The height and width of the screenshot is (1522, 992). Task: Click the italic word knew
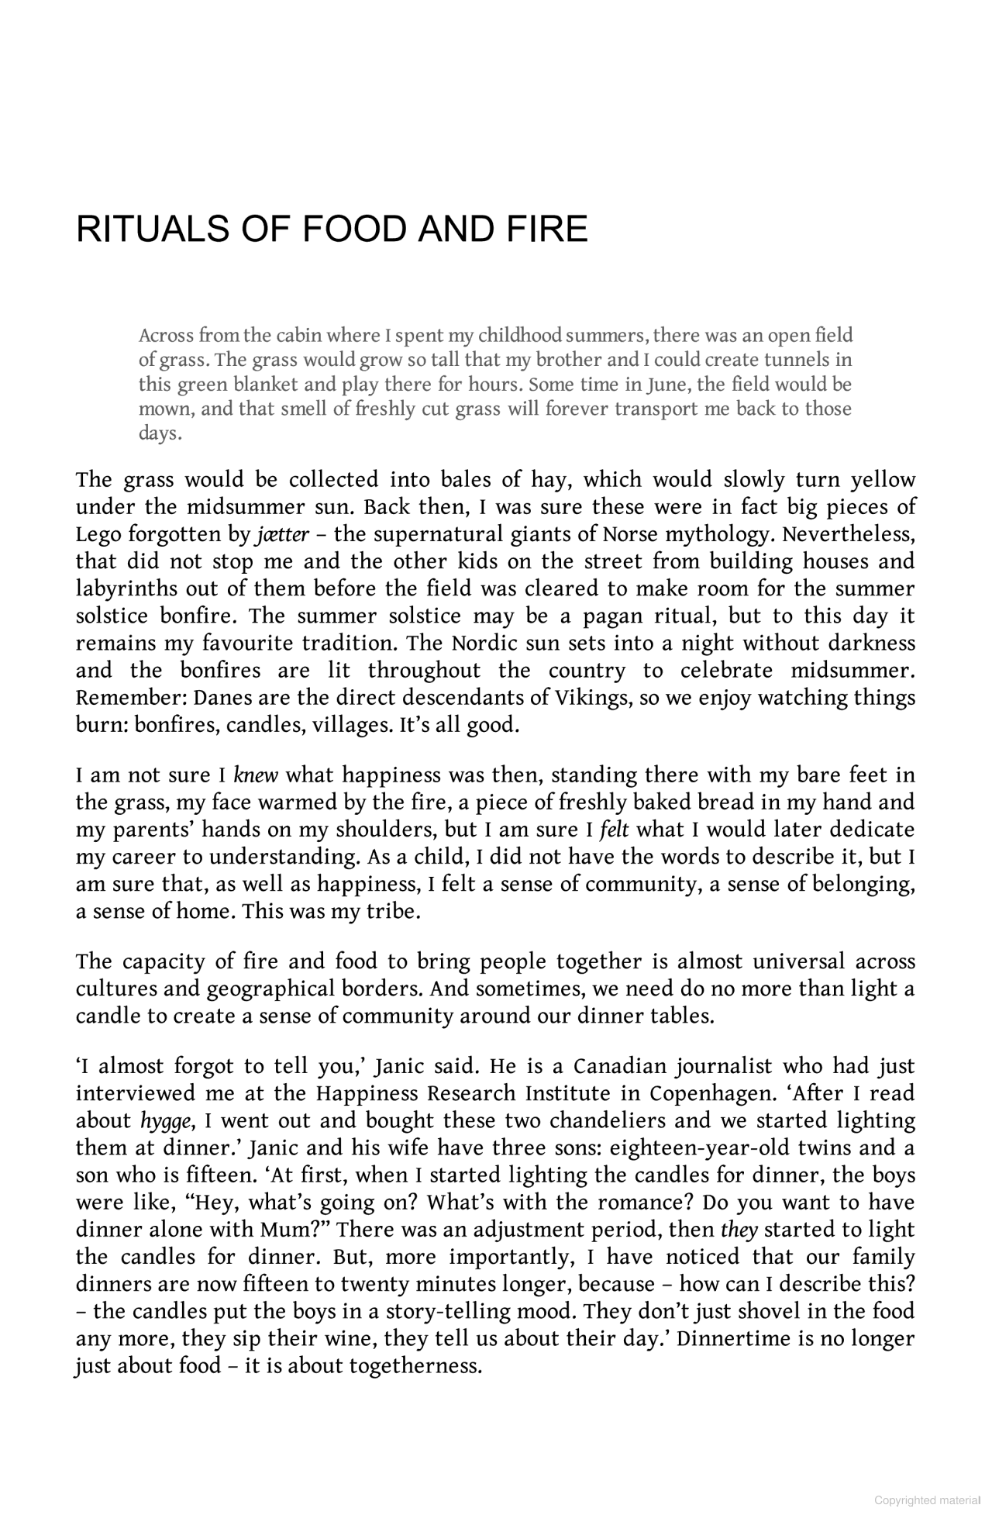(256, 775)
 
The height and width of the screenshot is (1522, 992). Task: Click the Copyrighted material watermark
(928, 1500)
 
